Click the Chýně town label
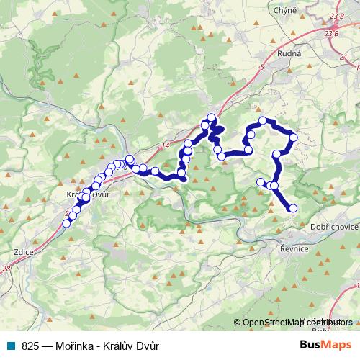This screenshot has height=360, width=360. click(283, 11)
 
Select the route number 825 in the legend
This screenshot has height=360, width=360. click(30, 345)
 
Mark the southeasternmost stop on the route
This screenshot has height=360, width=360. click(293, 209)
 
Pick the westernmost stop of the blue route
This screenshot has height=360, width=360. click(66, 223)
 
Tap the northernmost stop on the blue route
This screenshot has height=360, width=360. click(211, 117)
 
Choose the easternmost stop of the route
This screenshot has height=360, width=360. click(294, 137)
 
